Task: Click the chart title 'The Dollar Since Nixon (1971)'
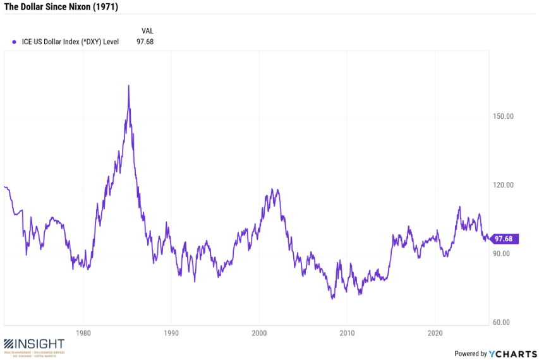pyautogui.click(x=61, y=8)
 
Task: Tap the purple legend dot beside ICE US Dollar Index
pyautogui.click(x=14, y=42)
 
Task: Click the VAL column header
pyautogui.click(x=147, y=30)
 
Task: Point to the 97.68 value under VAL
pyautogui.click(x=145, y=42)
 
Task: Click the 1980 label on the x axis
pyautogui.click(x=82, y=333)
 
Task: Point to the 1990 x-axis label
pyautogui.click(x=170, y=333)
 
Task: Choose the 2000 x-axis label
pyautogui.click(x=258, y=333)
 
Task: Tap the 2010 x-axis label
pyautogui.click(x=346, y=333)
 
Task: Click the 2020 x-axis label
pyautogui.click(x=434, y=333)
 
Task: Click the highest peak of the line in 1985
pyautogui.click(x=129, y=86)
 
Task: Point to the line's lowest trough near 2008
pyautogui.click(x=332, y=298)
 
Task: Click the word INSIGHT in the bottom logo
pyautogui.click(x=40, y=344)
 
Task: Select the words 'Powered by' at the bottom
pyautogui.click(x=471, y=354)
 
